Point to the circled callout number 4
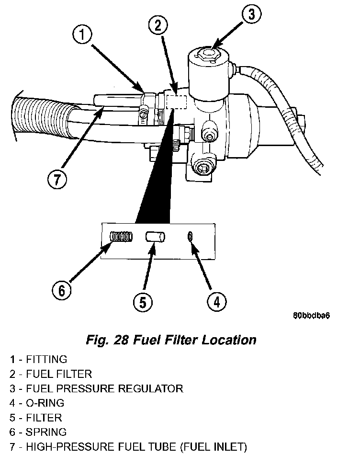click(216, 302)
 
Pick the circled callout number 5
click(142, 302)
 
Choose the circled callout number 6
click(61, 291)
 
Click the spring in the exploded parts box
click(120, 237)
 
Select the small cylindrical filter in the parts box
click(155, 237)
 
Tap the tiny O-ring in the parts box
click(191, 236)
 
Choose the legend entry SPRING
click(46, 432)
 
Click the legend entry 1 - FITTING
click(38, 359)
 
